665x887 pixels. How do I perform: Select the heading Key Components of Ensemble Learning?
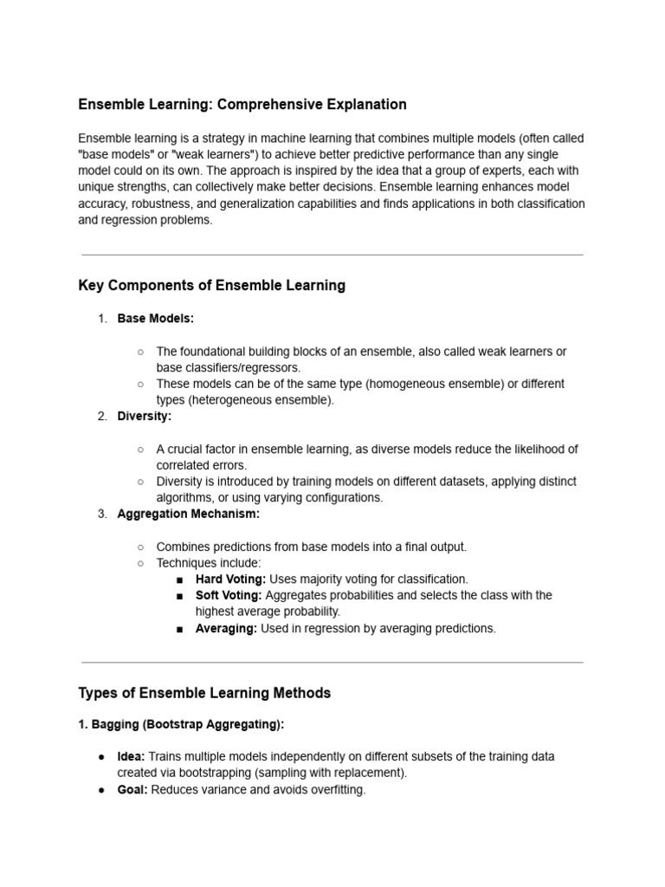pyautogui.click(x=211, y=286)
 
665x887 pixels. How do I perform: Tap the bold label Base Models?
pyautogui.click(x=156, y=319)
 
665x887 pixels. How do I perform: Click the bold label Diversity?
pyautogui.click(x=145, y=417)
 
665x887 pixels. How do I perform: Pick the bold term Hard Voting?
pyautogui.click(x=230, y=579)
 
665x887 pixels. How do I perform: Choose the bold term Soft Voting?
pyautogui.click(x=229, y=595)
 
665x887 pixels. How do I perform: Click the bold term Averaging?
pyautogui.click(x=226, y=629)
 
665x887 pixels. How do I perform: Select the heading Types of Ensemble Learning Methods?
pyautogui.click(x=204, y=693)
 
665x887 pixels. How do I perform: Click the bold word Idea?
pyautogui.click(x=132, y=756)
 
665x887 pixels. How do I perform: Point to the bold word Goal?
pyautogui.click(x=132, y=790)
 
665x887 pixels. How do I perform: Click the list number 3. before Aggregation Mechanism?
pyautogui.click(x=102, y=514)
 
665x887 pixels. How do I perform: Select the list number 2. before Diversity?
pyautogui.click(x=102, y=417)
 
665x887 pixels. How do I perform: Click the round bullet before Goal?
pyautogui.click(x=102, y=790)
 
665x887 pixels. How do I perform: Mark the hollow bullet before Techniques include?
pyautogui.click(x=140, y=563)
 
